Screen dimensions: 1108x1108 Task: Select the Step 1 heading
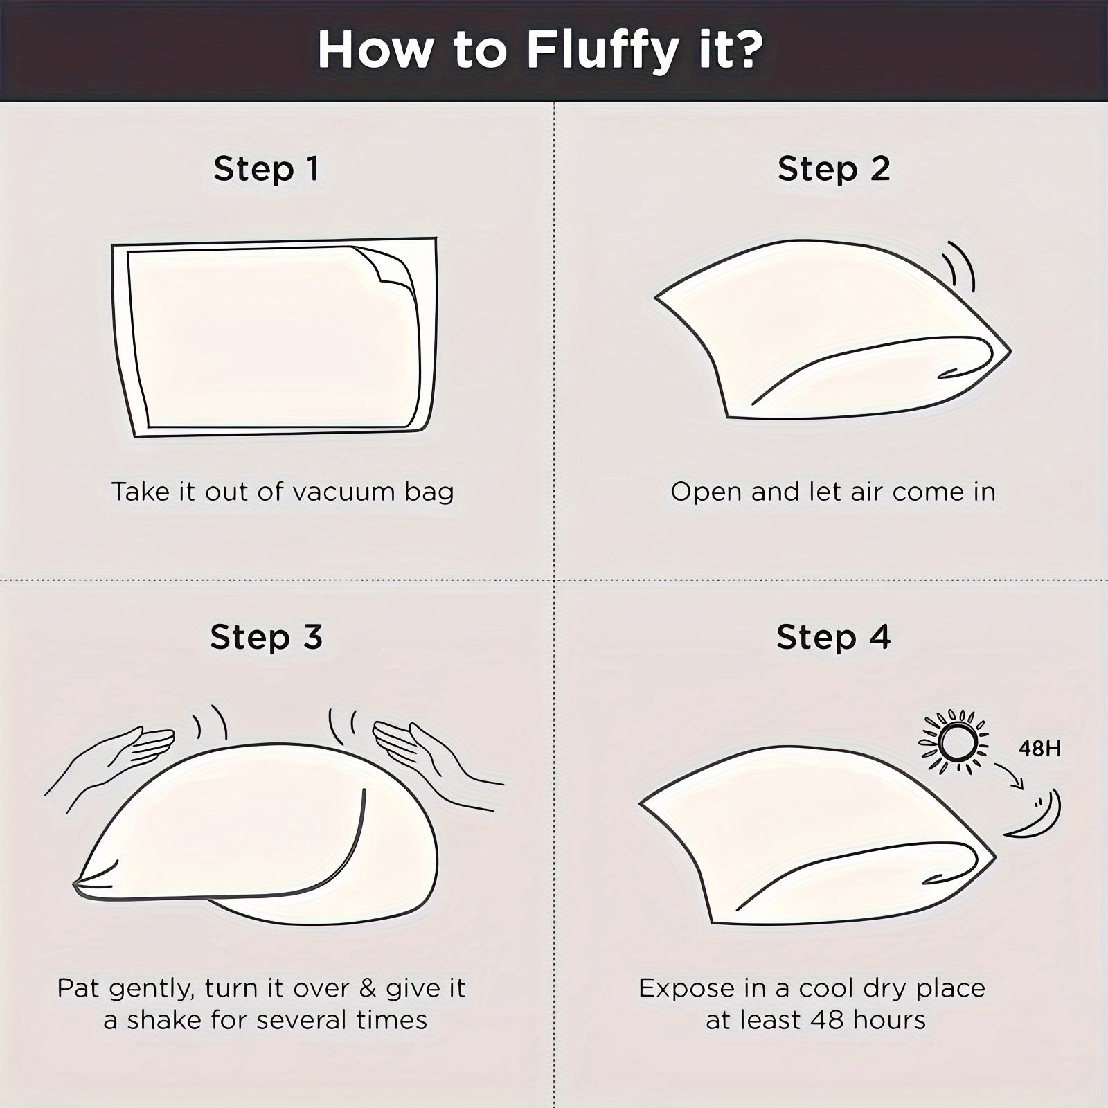tap(266, 168)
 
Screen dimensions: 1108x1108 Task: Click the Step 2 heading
tap(834, 168)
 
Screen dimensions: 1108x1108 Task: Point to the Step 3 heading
tap(266, 636)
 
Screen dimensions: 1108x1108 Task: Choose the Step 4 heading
tap(833, 636)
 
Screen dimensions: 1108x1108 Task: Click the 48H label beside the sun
tap(1039, 749)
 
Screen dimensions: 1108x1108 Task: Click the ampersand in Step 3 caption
tap(368, 988)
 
